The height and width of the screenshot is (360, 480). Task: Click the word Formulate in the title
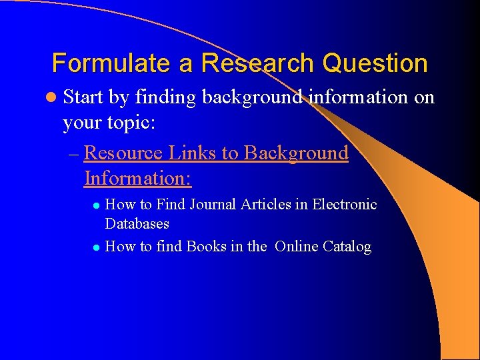pyautogui.click(x=101, y=63)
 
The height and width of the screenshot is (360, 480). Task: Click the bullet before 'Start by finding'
pyautogui.click(x=52, y=98)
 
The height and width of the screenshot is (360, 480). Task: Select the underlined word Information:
pyautogui.click(x=138, y=178)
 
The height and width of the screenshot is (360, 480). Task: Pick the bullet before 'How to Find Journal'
pyautogui.click(x=96, y=205)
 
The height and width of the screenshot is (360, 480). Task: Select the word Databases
pyautogui.click(x=137, y=223)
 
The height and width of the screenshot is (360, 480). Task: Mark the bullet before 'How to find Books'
pyautogui.click(x=96, y=247)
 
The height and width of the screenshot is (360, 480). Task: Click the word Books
pyautogui.click(x=206, y=247)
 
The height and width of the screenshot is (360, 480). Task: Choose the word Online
pyautogui.click(x=297, y=247)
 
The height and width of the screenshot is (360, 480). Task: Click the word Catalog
pyautogui.click(x=347, y=247)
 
